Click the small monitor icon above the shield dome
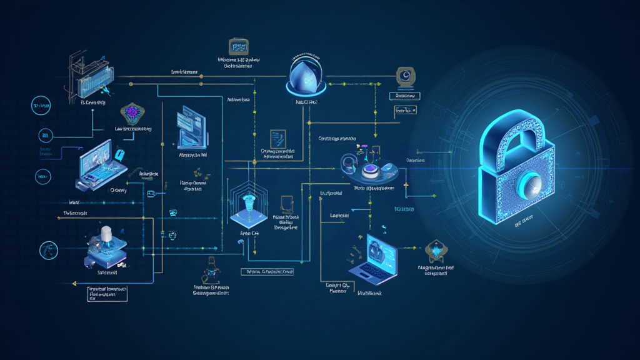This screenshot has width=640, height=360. point(238,47)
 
